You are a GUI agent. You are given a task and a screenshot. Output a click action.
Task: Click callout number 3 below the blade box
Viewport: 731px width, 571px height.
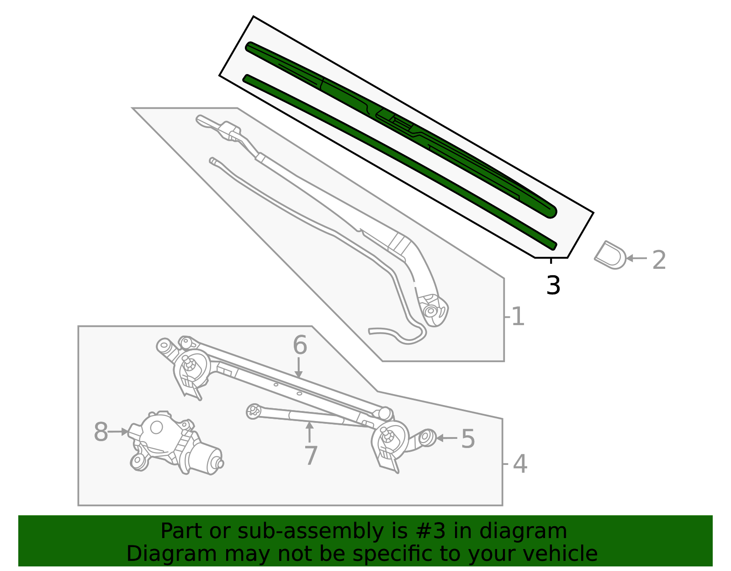(x=553, y=285)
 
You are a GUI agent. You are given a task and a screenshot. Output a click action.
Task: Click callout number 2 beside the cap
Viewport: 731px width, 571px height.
(x=659, y=260)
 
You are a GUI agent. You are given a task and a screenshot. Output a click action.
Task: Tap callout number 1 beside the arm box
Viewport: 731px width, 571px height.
(x=518, y=316)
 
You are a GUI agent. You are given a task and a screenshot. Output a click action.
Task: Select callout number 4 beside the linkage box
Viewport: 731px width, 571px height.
(x=520, y=464)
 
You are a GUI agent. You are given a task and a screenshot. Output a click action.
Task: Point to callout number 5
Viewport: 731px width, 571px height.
(x=468, y=439)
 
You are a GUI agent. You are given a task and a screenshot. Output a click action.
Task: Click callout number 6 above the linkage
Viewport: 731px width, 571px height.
(x=300, y=345)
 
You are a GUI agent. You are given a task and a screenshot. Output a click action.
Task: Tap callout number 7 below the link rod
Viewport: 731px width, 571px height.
(x=311, y=455)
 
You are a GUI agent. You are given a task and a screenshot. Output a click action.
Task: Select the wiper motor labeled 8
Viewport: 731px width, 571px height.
(x=176, y=443)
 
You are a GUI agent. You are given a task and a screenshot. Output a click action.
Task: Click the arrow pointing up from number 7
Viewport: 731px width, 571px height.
(x=310, y=432)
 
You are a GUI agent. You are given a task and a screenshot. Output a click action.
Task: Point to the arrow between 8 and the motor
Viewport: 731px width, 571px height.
(x=119, y=432)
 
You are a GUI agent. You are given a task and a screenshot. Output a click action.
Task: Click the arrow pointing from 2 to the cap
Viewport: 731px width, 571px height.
(x=636, y=258)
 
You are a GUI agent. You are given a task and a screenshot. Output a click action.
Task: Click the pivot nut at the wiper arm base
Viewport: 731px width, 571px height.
(x=430, y=311)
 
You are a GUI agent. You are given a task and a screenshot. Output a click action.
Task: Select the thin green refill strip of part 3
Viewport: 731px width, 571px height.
(x=397, y=160)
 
